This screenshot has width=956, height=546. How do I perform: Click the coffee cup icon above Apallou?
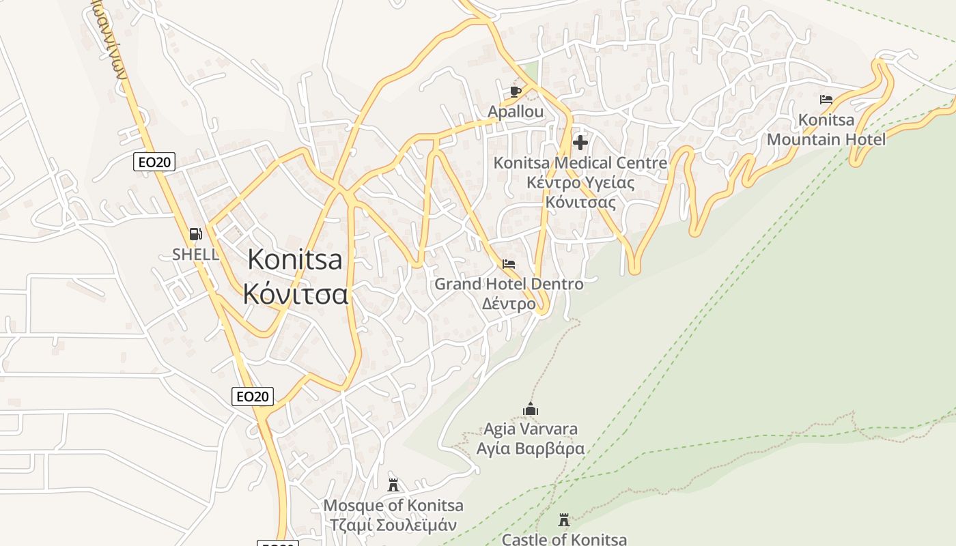pos(516,91)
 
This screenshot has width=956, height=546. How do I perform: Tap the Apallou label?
pos(516,111)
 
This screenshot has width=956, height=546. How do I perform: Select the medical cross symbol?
pos(580,143)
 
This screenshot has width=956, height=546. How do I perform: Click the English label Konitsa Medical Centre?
pos(580,163)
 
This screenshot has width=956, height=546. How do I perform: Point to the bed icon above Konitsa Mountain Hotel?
pos(826,100)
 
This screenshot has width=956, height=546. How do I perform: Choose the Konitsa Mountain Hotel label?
pos(826,130)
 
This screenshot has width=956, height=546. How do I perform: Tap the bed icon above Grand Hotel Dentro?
pos(508,263)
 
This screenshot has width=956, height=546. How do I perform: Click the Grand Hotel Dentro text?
pos(509,283)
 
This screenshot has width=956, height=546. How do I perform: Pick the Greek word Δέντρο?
pos(509,304)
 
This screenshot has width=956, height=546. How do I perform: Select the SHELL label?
pos(196,255)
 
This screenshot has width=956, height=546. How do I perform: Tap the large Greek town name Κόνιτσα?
pos(296,294)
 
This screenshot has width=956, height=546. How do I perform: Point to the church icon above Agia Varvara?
pos(531,409)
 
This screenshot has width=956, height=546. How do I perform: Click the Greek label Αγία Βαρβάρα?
pos(531,448)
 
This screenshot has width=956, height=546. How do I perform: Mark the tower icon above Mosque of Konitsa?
pos(393,485)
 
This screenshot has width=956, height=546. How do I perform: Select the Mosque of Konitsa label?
pos(393,506)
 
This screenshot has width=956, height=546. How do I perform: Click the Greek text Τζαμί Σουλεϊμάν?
pos(393,525)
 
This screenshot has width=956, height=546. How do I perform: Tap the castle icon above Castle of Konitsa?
pos(564,520)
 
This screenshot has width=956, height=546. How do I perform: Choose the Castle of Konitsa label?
pos(564,539)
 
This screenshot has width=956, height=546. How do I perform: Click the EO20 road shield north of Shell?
pos(154,162)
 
